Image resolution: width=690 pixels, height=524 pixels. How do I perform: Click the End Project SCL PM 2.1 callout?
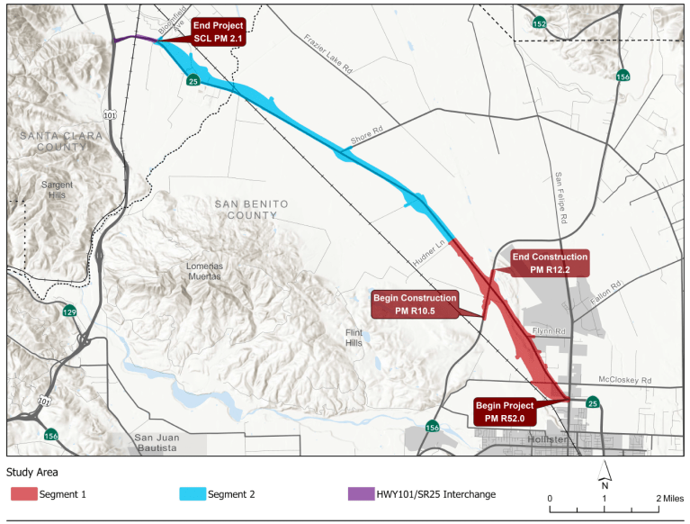(x=217, y=32)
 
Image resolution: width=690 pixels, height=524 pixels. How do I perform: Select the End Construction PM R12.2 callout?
(x=550, y=263)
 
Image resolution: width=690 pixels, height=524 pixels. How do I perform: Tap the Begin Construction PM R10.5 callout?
(x=414, y=304)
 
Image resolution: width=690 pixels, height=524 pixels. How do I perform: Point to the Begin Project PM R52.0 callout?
(x=505, y=411)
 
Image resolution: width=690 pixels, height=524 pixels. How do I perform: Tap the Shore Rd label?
(x=366, y=141)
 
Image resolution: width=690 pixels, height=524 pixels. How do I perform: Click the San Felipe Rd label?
(x=560, y=197)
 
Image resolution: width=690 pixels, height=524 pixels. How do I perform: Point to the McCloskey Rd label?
(x=624, y=379)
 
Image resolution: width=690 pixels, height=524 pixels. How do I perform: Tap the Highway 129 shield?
(x=69, y=312)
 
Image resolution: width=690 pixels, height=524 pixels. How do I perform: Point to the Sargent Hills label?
(x=57, y=189)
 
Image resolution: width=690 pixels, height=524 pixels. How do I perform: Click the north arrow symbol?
(x=605, y=469)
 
